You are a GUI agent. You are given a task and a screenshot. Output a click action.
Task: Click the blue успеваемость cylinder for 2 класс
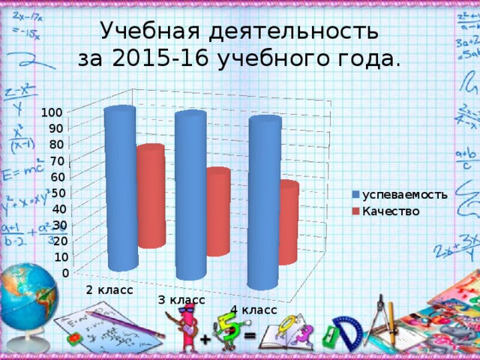[120, 187]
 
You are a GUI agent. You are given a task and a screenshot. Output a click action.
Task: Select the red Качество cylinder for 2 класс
[151, 196]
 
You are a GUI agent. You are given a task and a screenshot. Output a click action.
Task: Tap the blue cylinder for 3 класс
[190, 195]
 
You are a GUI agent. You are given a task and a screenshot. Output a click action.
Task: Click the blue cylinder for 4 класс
[263, 202]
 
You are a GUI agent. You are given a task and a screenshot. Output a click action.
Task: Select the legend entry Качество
[390, 211]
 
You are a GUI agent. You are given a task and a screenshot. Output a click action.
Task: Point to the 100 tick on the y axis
[52, 112]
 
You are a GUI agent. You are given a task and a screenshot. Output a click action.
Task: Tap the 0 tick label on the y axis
[66, 272]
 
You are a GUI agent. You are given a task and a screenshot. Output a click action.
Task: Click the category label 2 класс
[109, 289]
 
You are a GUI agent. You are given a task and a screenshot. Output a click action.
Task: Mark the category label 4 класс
[253, 310]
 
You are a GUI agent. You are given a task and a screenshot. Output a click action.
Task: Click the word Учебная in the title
[143, 30]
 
